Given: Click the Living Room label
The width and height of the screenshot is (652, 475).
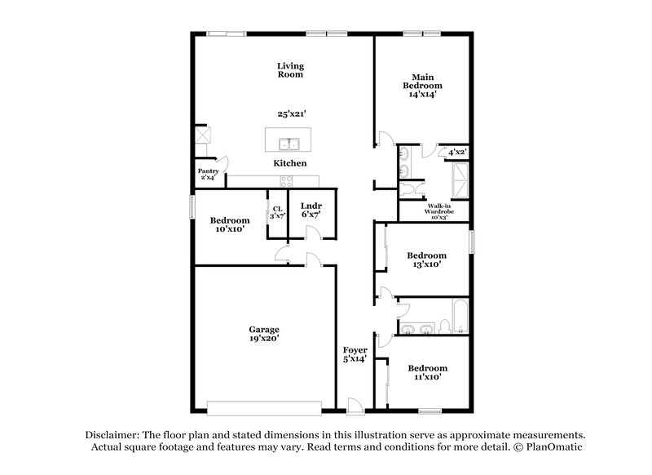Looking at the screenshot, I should (x=289, y=69).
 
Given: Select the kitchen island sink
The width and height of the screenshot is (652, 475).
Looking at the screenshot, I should (x=289, y=145).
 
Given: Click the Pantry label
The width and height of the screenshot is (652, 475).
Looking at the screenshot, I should (x=209, y=174).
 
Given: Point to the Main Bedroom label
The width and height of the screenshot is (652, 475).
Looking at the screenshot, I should (x=421, y=85).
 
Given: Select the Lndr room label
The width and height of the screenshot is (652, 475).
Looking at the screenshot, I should (x=310, y=209).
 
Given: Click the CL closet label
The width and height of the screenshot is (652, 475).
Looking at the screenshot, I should (x=278, y=212).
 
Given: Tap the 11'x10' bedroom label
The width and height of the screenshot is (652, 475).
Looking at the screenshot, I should (x=428, y=373).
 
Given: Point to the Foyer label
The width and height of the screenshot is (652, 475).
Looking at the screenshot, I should (x=354, y=353).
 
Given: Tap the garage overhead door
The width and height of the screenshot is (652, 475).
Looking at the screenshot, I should (x=263, y=406).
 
